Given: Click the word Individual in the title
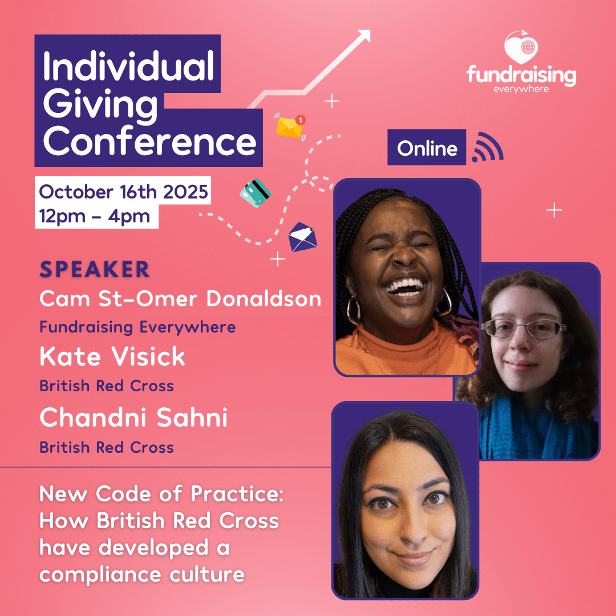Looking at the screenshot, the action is [x=128, y=66].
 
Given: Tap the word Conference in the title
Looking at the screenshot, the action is [x=149, y=141].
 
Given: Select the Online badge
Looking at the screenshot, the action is [x=427, y=147].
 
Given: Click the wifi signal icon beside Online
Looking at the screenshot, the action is [x=488, y=147].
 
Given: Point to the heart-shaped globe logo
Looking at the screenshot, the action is [x=521, y=47].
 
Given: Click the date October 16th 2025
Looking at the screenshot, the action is [x=123, y=192].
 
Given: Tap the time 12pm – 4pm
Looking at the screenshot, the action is [x=94, y=217].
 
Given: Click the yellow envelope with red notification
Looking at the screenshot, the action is [x=290, y=127].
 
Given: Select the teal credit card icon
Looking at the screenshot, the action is [x=256, y=193].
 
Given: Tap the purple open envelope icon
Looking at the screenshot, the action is [x=302, y=237].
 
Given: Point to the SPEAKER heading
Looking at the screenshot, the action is [x=95, y=269].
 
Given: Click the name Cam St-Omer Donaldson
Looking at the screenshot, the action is [x=180, y=298].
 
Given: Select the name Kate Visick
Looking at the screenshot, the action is [x=112, y=356].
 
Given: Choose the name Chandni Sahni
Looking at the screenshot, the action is [x=133, y=417].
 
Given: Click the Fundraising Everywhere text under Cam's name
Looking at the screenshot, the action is [x=137, y=327].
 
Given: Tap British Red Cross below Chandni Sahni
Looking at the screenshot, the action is [x=107, y=448].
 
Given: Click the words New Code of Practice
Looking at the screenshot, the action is [x=161, y=494].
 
